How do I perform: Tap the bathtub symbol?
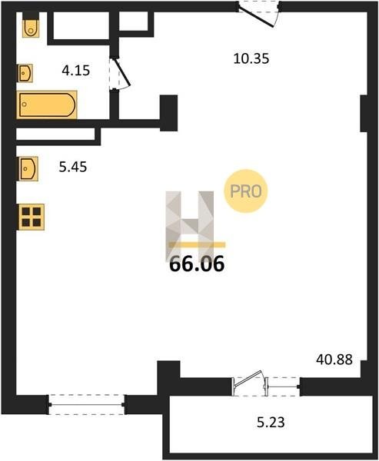click(x=47, y=104)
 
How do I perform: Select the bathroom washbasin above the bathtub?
click(x=25, y=73)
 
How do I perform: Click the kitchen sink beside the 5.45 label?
click(x=28, y=169)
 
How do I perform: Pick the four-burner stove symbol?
click(x=32, y=217)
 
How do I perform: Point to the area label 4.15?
click(x=76, y=71)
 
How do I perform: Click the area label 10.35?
click(x=251, y=58)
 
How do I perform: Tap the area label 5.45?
click(x=73, y=167)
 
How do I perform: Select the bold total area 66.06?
click(x=197, y=264)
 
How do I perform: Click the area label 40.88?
click(x=334, y=360)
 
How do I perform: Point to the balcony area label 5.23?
click(x=271, y=423)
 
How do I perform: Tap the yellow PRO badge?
click(x=246, y=191)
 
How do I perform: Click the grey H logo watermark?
click(x=190, y=225)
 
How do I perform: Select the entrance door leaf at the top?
click(x=256, y=17)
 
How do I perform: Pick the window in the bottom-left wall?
click(x=87, y=405)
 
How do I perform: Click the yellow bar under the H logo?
click(x=197, y=244)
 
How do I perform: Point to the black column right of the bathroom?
click(x=168, y=113)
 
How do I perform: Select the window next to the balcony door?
click(x=284, y=386)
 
